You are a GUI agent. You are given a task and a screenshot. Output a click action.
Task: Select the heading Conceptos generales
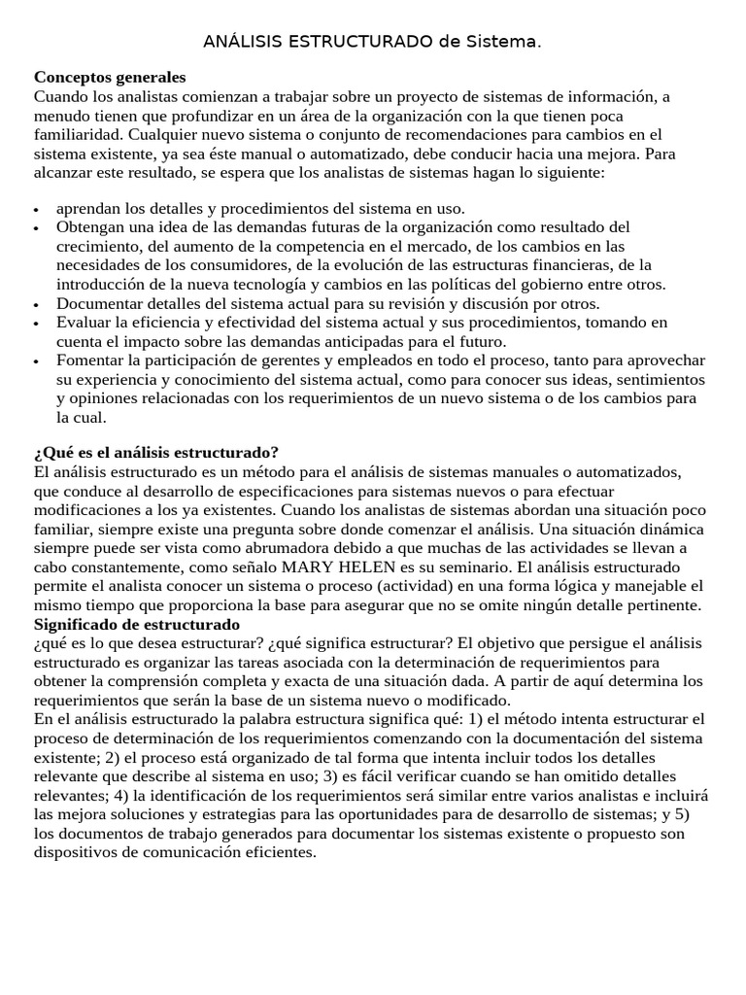pos(110,77)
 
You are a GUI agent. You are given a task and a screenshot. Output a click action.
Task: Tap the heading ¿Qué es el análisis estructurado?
pos(156,453)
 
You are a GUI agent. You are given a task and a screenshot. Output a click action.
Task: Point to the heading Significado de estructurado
pos(137,624)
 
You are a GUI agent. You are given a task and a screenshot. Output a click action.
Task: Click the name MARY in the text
pos(336,566)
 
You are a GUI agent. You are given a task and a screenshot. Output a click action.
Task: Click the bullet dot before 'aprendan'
pos(37,210)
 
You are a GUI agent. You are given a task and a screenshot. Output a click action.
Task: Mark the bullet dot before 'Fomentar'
pos(37,361)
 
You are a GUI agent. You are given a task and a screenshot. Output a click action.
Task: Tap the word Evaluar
pos(85,322)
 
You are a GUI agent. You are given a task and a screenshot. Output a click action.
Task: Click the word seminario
pos(508,566)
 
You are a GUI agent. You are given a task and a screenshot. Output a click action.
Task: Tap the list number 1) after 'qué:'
pos(474,719)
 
